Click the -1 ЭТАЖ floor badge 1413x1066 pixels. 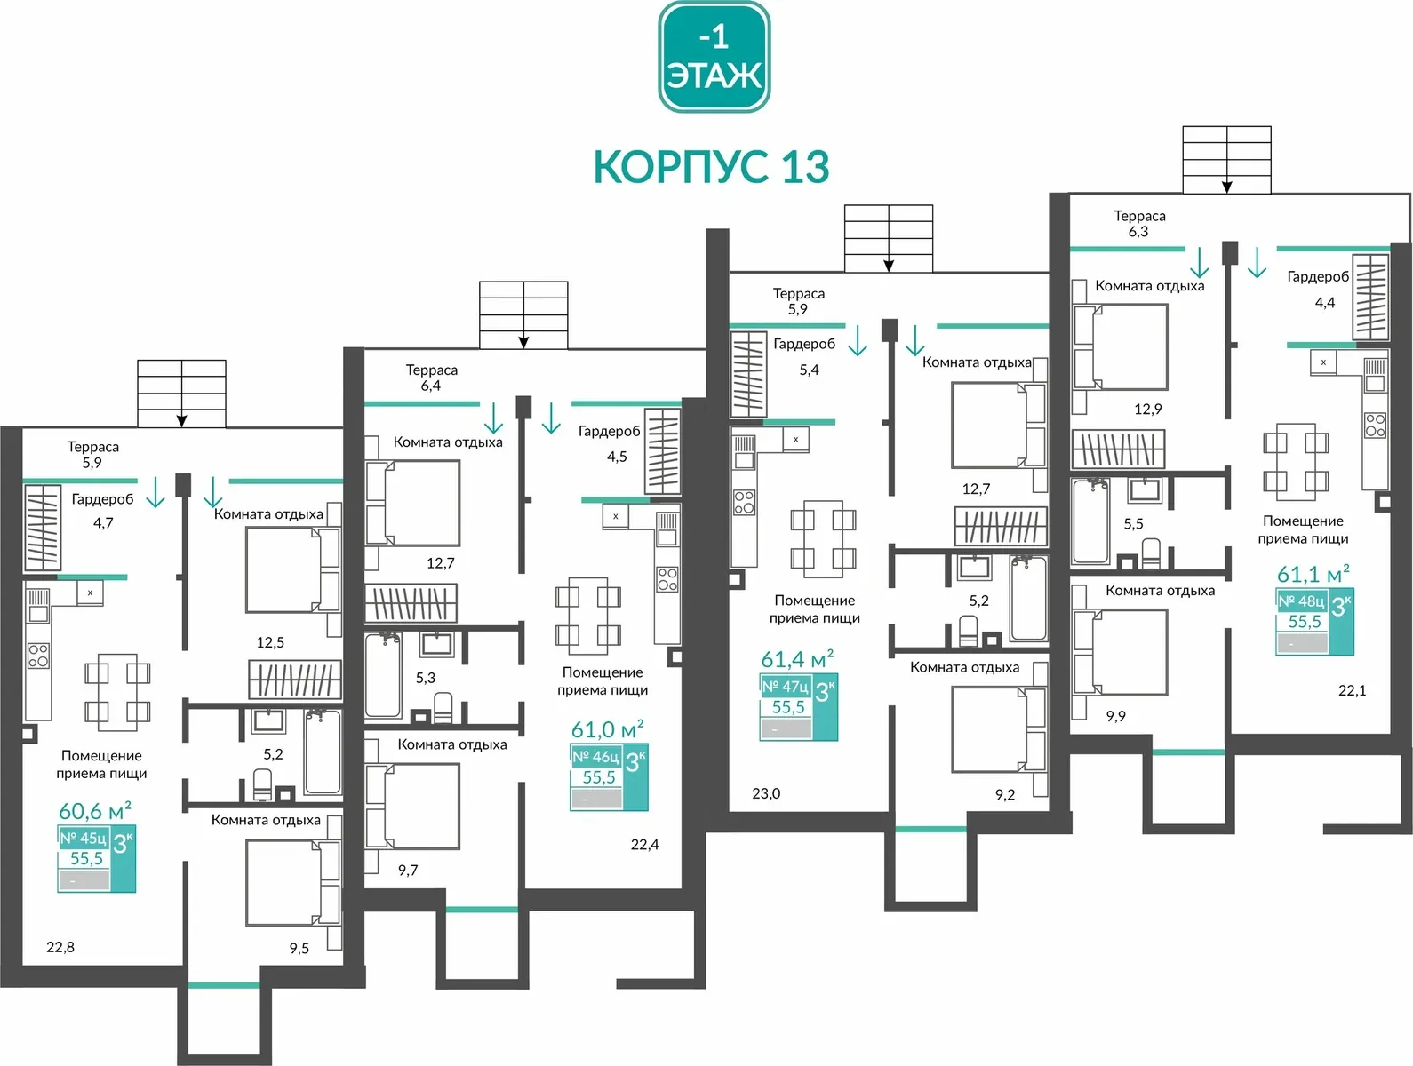(714, 57)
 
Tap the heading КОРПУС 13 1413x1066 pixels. (711, 167)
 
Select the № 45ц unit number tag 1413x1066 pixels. (83, 838)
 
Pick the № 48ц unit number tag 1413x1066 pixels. (1301, 601)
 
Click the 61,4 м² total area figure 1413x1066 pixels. (797, 658)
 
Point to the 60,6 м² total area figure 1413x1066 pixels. (94, 810)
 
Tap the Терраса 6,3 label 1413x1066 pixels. (1139, 223)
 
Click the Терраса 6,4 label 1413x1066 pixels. (431, 378)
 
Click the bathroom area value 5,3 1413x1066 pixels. (426, 678)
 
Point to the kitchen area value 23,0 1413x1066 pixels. (766, 793)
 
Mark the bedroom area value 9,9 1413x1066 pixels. (1115, 716)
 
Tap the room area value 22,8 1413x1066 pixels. (60, 947)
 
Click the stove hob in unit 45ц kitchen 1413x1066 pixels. (38, 656)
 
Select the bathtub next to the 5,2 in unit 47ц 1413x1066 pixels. (1028, 599)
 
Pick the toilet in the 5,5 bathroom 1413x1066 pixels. (1150, 553)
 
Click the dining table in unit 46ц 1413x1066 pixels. (588, 617)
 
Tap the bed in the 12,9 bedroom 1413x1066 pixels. (1120, 346)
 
